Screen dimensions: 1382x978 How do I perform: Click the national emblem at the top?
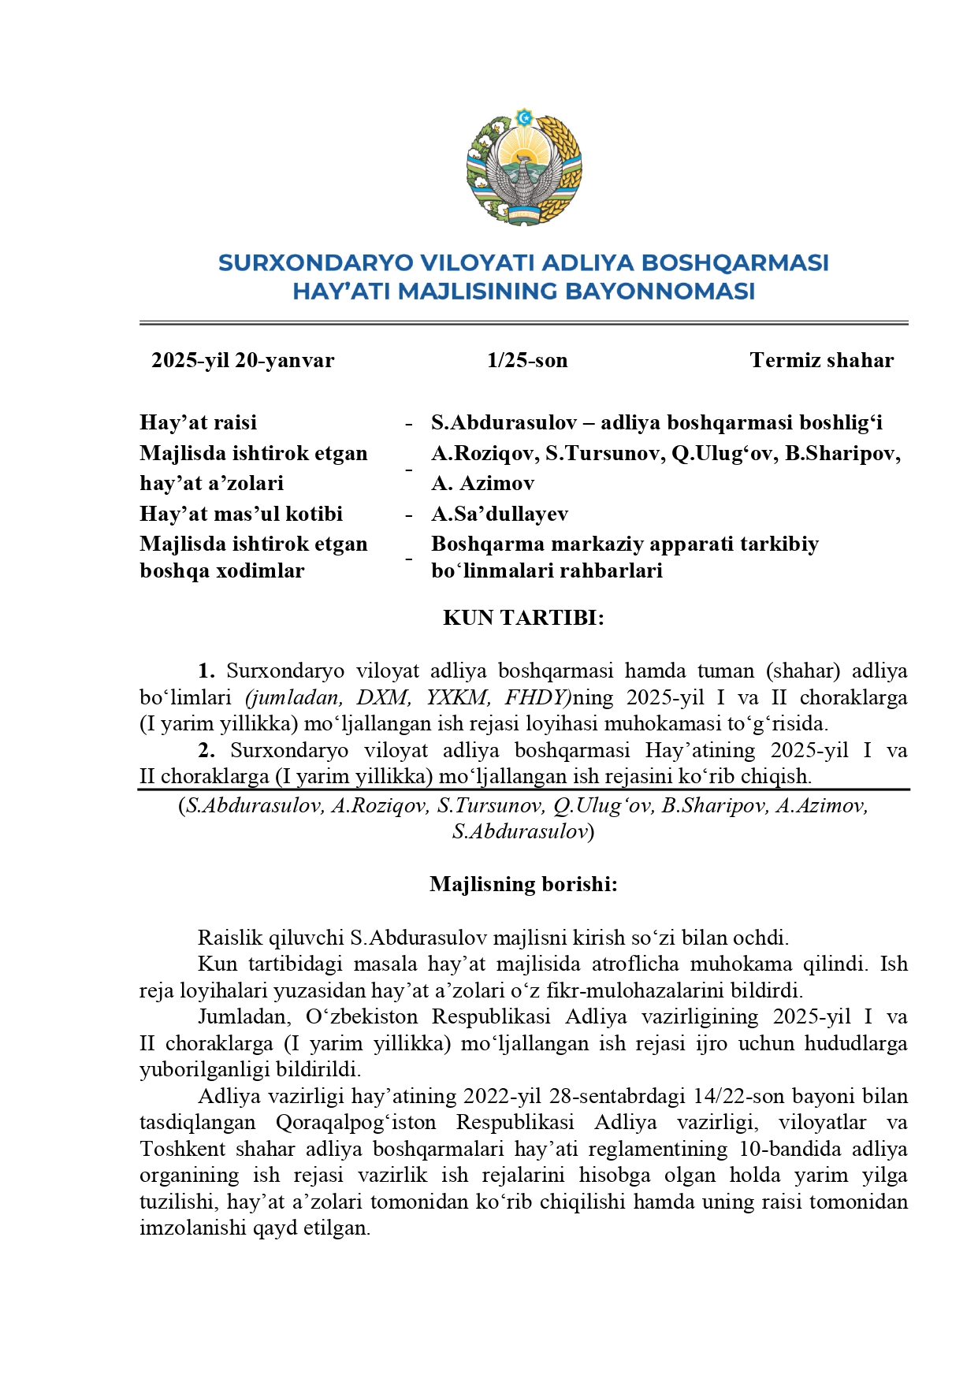click(x=524, y=167)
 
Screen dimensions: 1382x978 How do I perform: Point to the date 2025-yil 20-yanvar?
click(x=243, y=360)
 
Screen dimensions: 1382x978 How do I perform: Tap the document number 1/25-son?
click(x=527, y=360)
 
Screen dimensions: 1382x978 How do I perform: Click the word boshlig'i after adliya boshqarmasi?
click(x=841, y=422)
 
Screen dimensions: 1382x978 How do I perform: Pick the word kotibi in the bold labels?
click(x=313, y=514)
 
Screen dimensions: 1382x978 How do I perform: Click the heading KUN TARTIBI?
click(x=523, y=618)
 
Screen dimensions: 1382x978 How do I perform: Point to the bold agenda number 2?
click(x=206, y=750)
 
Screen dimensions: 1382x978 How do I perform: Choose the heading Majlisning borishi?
click(x=523, y=884)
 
